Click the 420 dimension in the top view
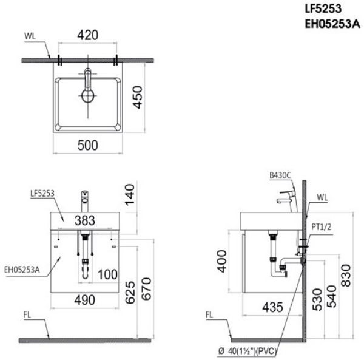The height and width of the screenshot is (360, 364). [x=88, y=35]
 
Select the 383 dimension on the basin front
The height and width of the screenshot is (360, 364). [x=88, y=220]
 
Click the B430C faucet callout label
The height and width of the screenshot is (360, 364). [x=280, y=175]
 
